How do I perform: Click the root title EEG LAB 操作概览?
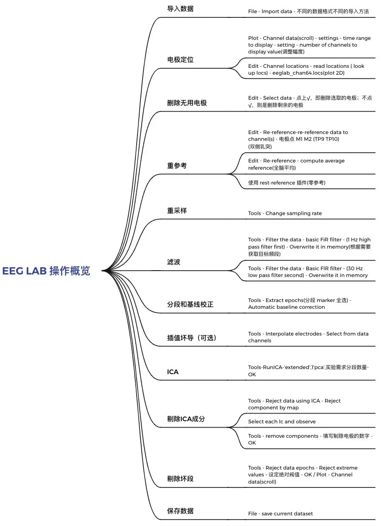tap(46, 271)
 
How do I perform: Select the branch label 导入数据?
tap(180, 9)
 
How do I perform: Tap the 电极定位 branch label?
tap(180, 60)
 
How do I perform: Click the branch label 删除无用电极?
tap(187, 103)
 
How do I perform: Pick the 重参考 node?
tap(177, 166)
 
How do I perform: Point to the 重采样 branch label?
tap(177, 210)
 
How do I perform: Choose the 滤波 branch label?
tap(174, 262)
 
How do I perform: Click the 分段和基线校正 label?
tap(190, 305)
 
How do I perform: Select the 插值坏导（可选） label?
tap(192, 338)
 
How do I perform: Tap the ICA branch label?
tap(173, 372)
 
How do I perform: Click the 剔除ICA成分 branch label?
tap(186, 419)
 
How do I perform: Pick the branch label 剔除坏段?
tap(180, 479)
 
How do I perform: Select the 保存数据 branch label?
tap(180, 511)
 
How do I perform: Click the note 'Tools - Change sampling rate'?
tap(285, 213)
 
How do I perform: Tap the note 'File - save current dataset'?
tap(280, 514)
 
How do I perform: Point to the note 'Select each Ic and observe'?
tap(282, 422)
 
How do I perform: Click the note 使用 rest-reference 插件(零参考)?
tap(286, 183)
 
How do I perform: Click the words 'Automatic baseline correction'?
tap(286, 307)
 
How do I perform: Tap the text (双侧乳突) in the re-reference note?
tap(260, 147)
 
